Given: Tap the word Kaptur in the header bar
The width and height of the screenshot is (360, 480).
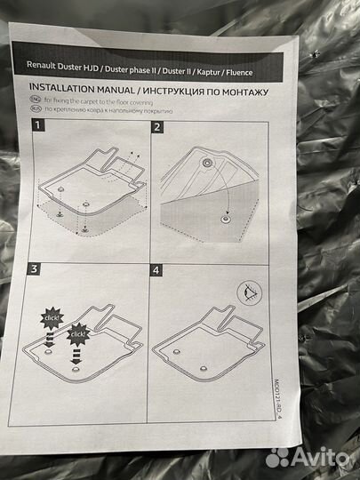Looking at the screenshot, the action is [209, 72].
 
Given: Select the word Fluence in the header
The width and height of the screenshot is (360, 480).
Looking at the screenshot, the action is [239, 73].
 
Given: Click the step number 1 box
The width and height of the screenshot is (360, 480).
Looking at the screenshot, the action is [38, 125].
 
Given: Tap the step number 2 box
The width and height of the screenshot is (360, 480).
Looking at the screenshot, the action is [157, 127].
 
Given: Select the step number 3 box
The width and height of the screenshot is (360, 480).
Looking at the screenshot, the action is [34, 268].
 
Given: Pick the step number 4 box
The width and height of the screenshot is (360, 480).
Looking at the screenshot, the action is [156, 270].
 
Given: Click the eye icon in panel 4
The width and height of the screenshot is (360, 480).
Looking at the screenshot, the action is [249, 292].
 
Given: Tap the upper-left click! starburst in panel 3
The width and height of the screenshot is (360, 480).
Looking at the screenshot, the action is [52, 318].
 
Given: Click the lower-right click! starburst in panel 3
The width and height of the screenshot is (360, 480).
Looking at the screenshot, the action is [78, 334].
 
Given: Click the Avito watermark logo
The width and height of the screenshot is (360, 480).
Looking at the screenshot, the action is [307, 458].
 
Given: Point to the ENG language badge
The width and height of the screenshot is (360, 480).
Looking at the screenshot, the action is [36, 100].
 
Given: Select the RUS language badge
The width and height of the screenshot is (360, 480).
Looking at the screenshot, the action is [36, 108].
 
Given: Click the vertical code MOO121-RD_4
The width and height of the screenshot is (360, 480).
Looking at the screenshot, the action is [276, 399].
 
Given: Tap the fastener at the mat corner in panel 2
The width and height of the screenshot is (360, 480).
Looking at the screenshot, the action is [206, 163].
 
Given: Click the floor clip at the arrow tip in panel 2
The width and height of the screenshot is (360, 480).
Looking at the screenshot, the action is [226, 219].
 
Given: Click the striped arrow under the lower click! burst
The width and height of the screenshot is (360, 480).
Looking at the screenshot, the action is [76, 356].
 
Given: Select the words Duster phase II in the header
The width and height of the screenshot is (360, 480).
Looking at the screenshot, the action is [131, 69].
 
